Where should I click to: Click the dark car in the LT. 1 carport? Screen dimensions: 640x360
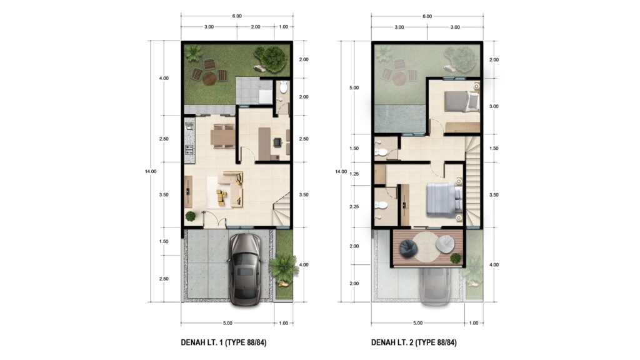244,269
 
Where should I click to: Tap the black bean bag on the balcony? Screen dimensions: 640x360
408,249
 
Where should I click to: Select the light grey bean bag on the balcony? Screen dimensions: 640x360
445,244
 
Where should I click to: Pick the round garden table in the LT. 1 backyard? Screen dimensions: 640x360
210,78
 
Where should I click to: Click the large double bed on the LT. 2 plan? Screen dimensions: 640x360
444,199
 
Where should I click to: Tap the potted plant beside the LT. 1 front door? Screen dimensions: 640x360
190,216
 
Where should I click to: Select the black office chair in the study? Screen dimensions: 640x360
278,142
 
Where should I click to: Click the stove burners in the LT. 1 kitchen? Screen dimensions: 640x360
189,149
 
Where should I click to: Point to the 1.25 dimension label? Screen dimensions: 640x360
354,174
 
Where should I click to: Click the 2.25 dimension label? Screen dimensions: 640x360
354,206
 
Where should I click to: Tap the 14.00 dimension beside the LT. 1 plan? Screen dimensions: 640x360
150,171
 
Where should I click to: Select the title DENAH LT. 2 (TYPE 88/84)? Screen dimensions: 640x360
414,342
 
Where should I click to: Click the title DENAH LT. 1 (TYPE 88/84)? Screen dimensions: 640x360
224,342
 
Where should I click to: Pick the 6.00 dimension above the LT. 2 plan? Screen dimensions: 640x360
427,16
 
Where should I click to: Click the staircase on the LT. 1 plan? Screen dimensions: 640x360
282,209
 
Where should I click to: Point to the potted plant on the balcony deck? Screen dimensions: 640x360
455,258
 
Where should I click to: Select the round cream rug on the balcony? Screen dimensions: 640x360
427,246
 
